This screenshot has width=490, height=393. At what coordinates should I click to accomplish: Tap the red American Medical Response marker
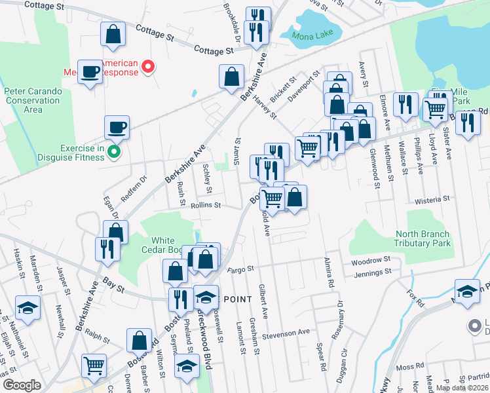tap(148, 66)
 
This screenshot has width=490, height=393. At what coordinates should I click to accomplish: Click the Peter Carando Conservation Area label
tap(32, 100)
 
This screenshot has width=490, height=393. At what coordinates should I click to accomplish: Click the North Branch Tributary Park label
tap(423, 238)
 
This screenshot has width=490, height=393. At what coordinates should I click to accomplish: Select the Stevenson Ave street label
tap(286, 333)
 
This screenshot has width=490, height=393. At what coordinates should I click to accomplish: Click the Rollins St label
tap(206, 205)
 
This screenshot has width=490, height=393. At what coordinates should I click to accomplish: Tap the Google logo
tap(22, 385)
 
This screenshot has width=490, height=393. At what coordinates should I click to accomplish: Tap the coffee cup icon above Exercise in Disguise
tap(117, 126)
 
